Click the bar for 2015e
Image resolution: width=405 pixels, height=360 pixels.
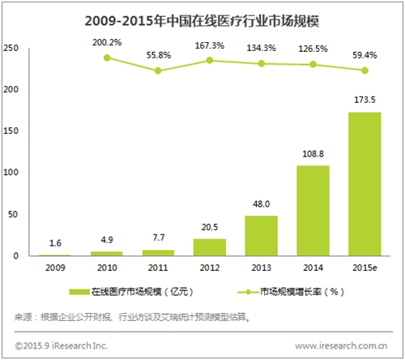[364, 184]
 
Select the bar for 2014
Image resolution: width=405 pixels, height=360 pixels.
[313, 211]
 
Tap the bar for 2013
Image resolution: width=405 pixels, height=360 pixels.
[262, 236]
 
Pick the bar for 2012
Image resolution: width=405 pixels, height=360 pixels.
[210, 247]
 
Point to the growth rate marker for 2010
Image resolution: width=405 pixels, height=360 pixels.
[107, 58]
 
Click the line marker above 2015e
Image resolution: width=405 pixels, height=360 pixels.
[364, 71]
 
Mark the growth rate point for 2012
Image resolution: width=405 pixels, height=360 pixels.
[210, 60]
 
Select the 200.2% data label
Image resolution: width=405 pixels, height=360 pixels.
[107, 42]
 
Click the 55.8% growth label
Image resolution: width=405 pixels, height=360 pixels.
[159, 55]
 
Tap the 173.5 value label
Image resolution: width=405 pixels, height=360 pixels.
[364, 100]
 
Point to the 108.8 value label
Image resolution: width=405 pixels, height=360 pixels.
[313, 154]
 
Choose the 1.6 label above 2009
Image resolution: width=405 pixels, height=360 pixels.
[55, 243]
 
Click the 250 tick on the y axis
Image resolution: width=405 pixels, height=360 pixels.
[11, 48]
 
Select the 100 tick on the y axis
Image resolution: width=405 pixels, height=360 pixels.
[11, 172]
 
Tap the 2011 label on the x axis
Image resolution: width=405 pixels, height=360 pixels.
[158, 268]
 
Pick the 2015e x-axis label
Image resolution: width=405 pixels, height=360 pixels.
[364, 268]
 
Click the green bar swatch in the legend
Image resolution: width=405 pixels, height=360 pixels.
[79, 292]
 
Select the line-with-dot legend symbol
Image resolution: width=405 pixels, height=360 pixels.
[248, 292]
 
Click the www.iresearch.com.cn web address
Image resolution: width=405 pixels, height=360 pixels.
[341, 345]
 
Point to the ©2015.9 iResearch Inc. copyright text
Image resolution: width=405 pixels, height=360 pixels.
[62, 345]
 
